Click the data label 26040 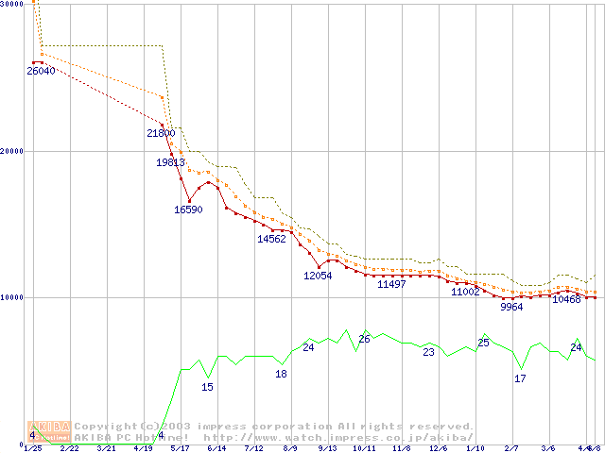pos(41,71)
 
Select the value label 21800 pos(161,134)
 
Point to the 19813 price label pos(170,162)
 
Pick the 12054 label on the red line pos(318,276)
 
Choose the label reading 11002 pos(465,293)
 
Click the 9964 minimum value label pos(511,307)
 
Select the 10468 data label pos(566,299)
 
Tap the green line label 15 pos(208,387)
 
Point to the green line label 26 pos(364,339)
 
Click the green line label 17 pos(520,378)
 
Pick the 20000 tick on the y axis pos(12,151)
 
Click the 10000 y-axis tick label pos(12,297)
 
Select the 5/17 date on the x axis pos(179,448)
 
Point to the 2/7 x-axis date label pos(511,448)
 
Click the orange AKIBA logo pos(49,431)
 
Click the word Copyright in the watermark pos(106,427)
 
